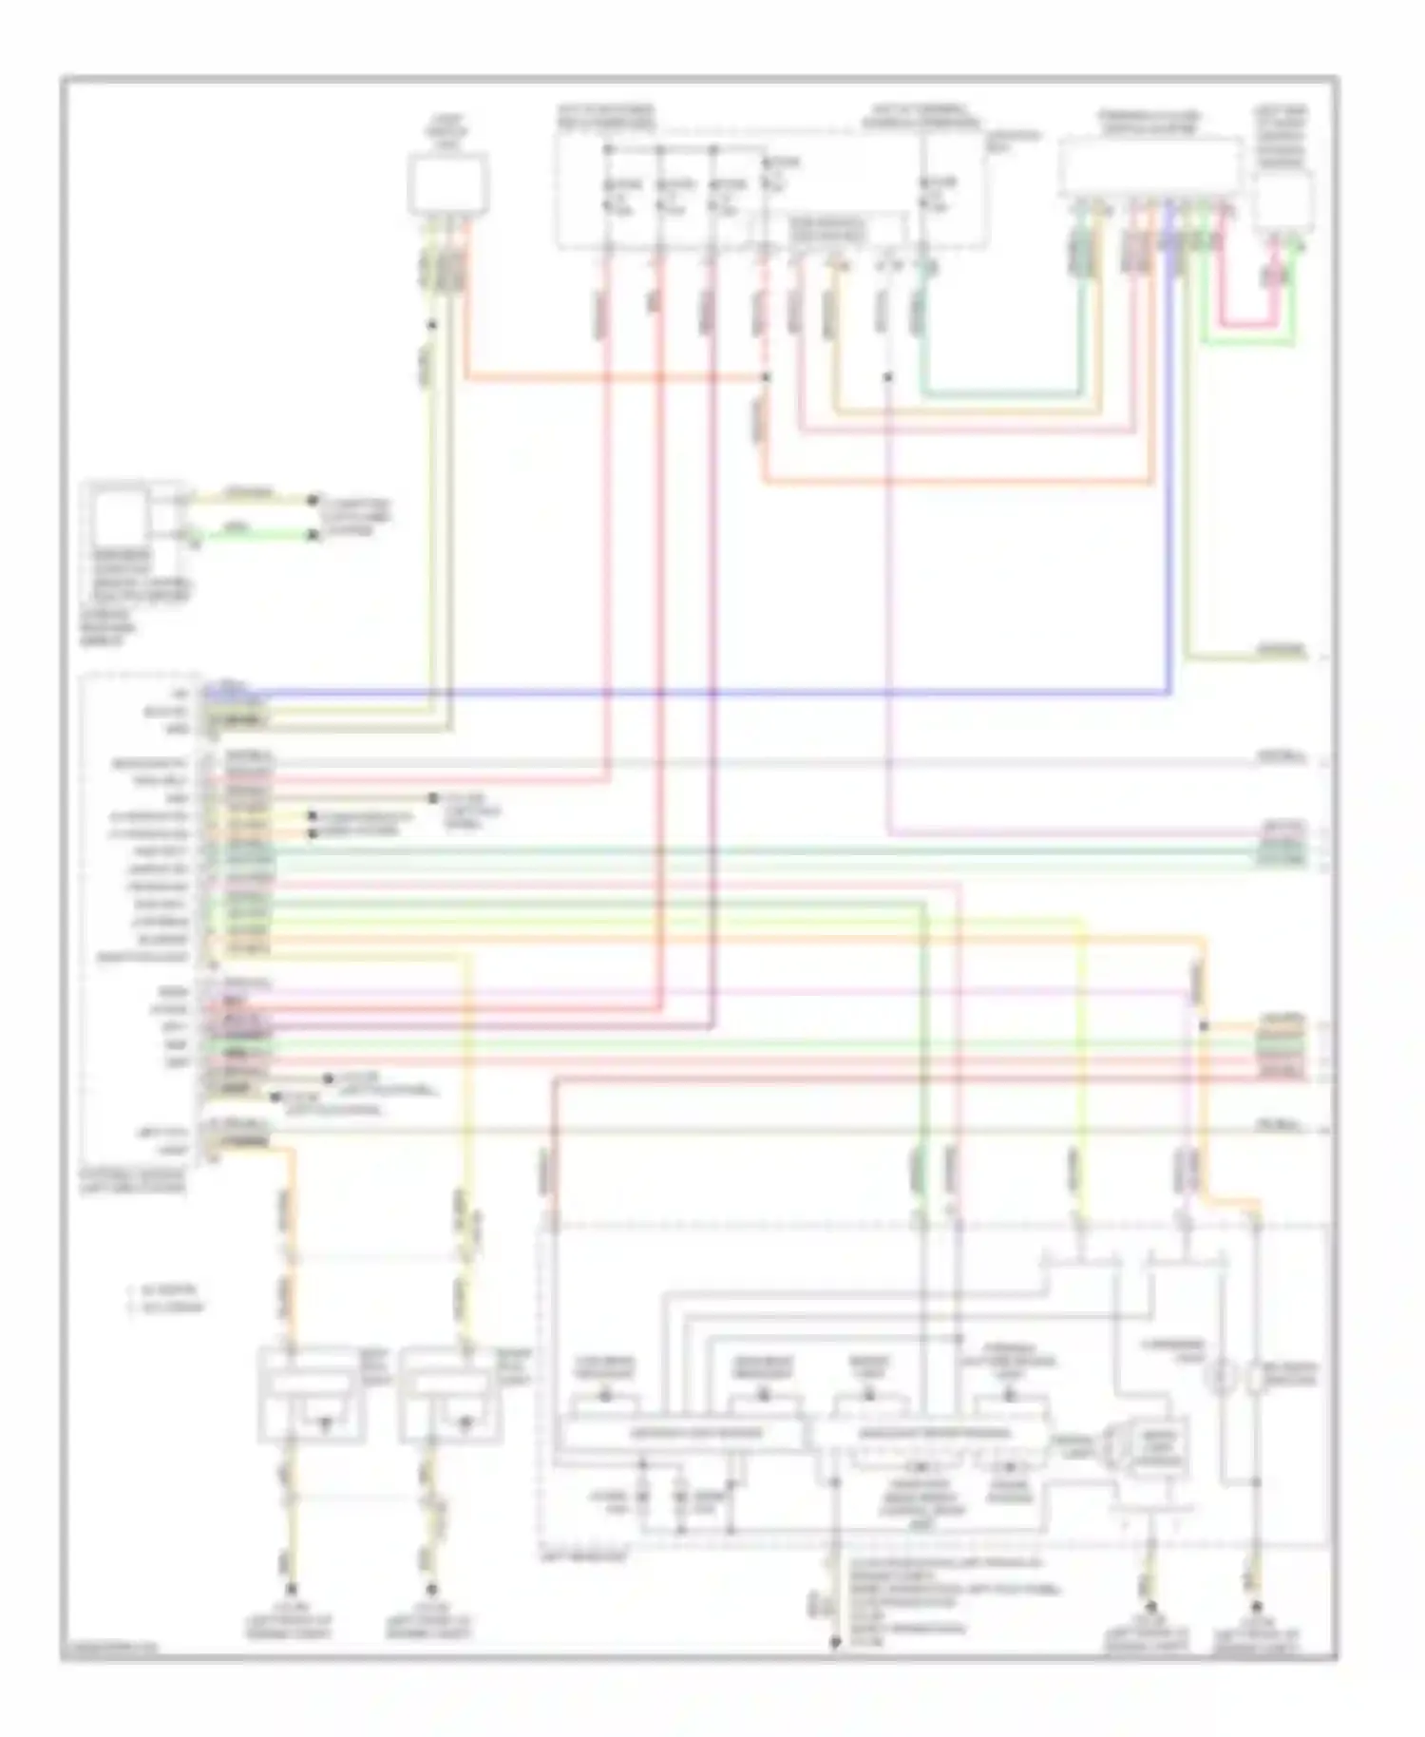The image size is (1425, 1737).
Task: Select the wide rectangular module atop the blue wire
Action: pos(1150,168)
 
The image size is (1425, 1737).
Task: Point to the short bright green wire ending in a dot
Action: pos(252,535)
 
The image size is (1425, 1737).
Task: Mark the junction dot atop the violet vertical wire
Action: pos(887,377)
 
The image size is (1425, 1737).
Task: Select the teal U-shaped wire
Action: pos(1002,392)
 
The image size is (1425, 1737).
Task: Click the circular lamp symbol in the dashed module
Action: pos(1221,1375)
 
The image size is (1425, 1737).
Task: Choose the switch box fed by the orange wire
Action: pos(311,1393)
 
